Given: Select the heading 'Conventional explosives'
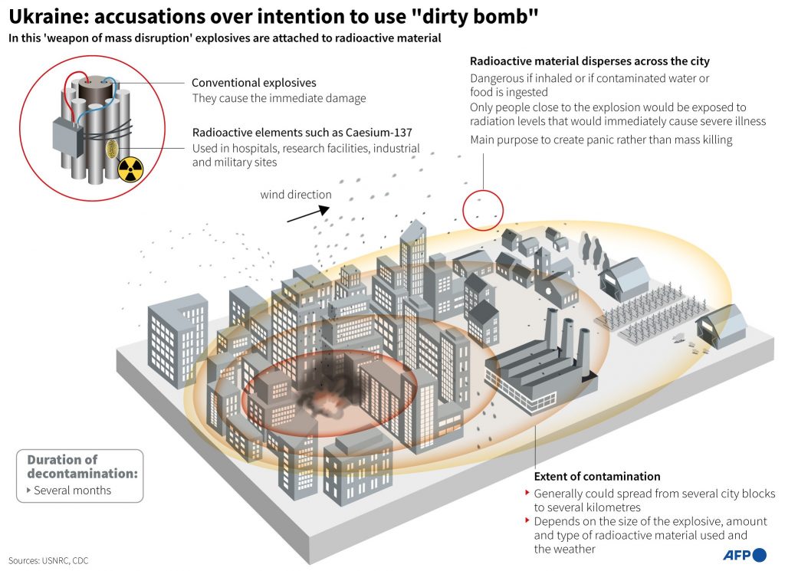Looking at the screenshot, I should point(254,83).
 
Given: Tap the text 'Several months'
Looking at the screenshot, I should point(73,490).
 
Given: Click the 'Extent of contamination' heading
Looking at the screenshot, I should point(597,476).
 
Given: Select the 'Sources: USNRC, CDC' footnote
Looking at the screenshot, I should point(48,560).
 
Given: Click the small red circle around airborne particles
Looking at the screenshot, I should point(483,209).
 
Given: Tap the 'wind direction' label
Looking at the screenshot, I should point(296,194).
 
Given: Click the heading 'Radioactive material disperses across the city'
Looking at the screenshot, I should point(590,61).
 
